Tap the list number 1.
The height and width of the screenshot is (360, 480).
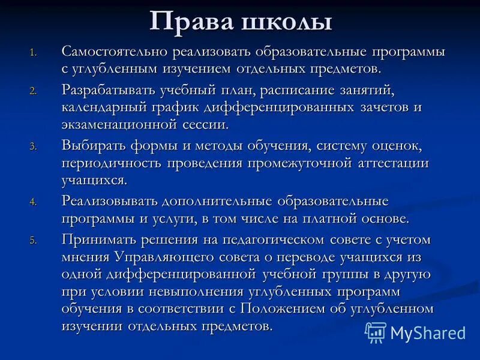[34, 53]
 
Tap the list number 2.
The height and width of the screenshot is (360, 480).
[34, 91]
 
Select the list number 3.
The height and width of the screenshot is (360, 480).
[34, 146]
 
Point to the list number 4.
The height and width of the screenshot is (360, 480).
[34, 202]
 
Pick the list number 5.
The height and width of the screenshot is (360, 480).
[34, 240]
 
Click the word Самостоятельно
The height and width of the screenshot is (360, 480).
[114, 52]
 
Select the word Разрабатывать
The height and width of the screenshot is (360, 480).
[110, 90]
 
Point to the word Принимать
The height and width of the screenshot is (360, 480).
[96, 239]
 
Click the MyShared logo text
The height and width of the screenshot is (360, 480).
[428, 332]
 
